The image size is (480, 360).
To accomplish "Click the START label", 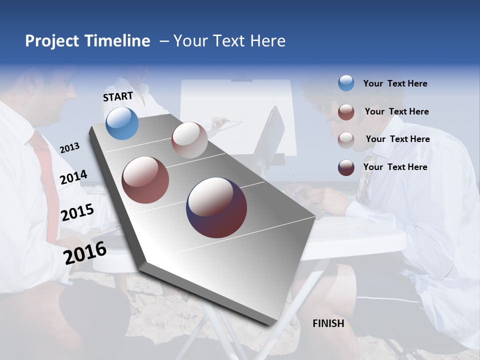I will point(118,96).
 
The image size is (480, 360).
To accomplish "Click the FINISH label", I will point(328,323).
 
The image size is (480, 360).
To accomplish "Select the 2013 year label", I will point(70,147).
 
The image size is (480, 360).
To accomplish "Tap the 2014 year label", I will point(74,177).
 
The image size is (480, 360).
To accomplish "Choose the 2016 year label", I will point(85,252).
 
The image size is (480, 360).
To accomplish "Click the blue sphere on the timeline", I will point(122,123).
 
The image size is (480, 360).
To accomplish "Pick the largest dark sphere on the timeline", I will point(216,207).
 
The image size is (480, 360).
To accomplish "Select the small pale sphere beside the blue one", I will point(189,140).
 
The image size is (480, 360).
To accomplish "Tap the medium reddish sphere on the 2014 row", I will point(145,180).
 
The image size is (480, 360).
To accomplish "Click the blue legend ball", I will point(346,83).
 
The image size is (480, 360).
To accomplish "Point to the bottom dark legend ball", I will point(346,167).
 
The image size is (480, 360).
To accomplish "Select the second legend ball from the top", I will point(346,112).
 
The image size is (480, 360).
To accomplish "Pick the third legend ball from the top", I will point(346,140).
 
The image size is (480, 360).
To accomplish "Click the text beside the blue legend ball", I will point(395,83).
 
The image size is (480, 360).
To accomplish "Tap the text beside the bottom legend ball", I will point(395,167).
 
